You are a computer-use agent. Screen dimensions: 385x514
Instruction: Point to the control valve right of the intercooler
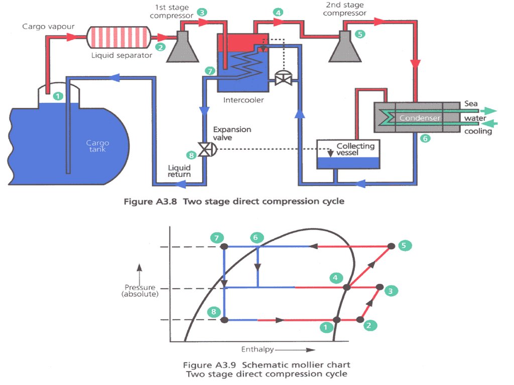[x=283, y=78]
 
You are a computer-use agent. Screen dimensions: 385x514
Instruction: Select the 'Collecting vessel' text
[x=355, y=149]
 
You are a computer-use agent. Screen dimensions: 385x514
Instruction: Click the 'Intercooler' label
[x=243, y=100]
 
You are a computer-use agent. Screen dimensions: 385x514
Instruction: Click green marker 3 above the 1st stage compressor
[x=201, y=12]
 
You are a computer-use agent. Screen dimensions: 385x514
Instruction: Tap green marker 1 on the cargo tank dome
[x=59, y=95]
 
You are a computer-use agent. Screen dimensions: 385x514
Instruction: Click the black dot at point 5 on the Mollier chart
[x=391, y=246]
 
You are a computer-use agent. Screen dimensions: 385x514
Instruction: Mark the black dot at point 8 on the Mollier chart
[x=224, y=319]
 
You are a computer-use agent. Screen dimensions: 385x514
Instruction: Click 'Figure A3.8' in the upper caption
[x=151, y=202]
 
